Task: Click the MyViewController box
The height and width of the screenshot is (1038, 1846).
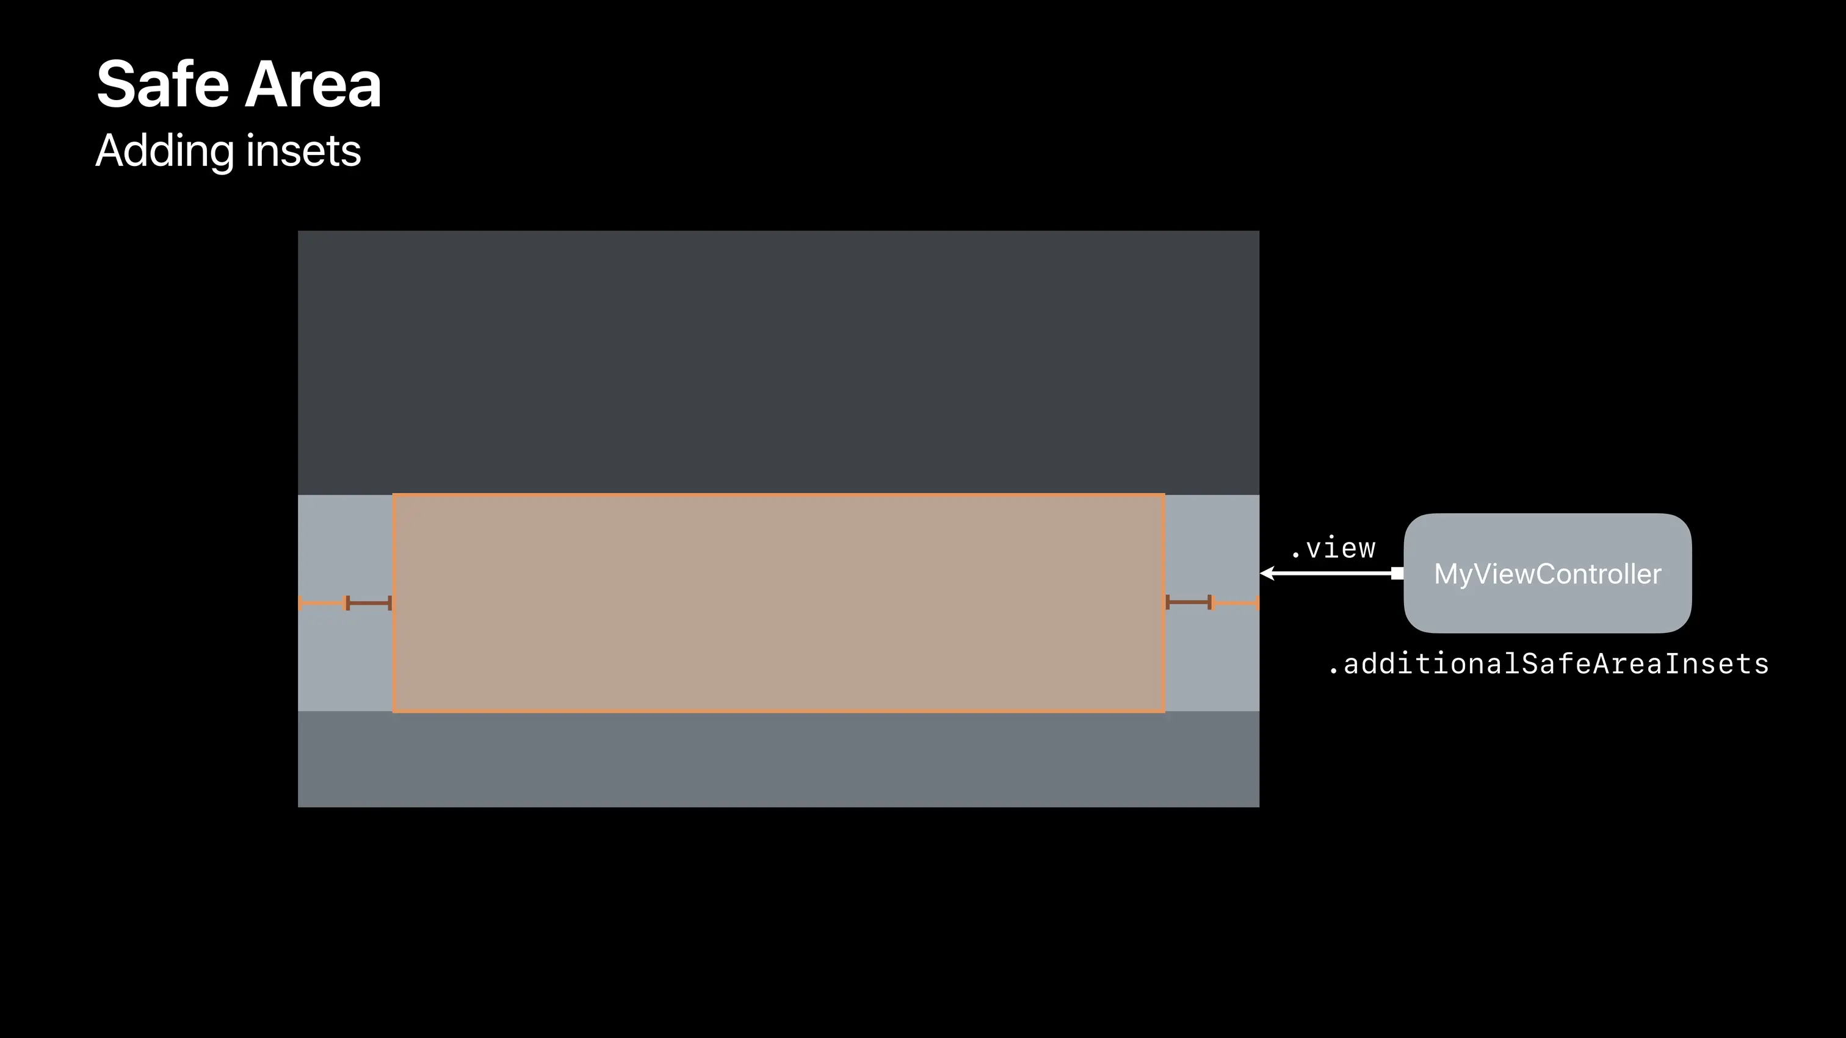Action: pos(1547,573)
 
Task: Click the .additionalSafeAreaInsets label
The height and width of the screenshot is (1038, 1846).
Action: pos(1548,664)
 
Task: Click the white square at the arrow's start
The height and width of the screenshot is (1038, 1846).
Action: pos(1397,573)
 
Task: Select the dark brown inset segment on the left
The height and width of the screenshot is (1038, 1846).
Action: pos(369,603)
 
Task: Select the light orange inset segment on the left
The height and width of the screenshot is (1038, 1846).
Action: pos(322,603)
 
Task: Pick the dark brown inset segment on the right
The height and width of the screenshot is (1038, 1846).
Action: pos(1188,602)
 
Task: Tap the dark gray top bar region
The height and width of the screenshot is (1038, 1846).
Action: pos(778,362)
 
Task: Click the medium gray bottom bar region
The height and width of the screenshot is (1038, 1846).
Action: pos(778,759)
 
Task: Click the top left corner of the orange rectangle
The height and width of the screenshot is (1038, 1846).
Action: pos(393,495)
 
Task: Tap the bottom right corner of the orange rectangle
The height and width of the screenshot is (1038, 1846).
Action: pos(1163,711)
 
